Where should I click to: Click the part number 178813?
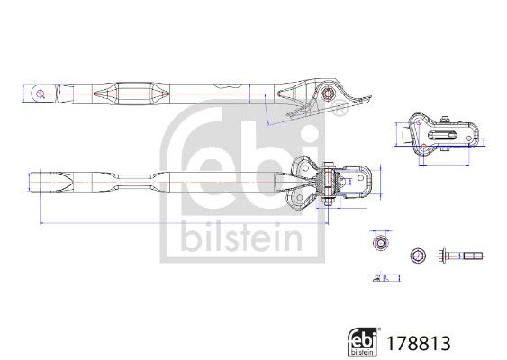coord(419,343)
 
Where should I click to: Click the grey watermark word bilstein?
coord(241,237)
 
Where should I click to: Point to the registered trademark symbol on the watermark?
coord(339,108)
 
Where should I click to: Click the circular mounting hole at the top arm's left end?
coord(41,94)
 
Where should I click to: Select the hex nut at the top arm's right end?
coord(328,94)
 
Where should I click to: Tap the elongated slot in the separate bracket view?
coord(441,135)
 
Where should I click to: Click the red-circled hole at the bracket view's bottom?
coord(424,147)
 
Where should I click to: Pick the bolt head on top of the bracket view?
coord(445,120)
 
